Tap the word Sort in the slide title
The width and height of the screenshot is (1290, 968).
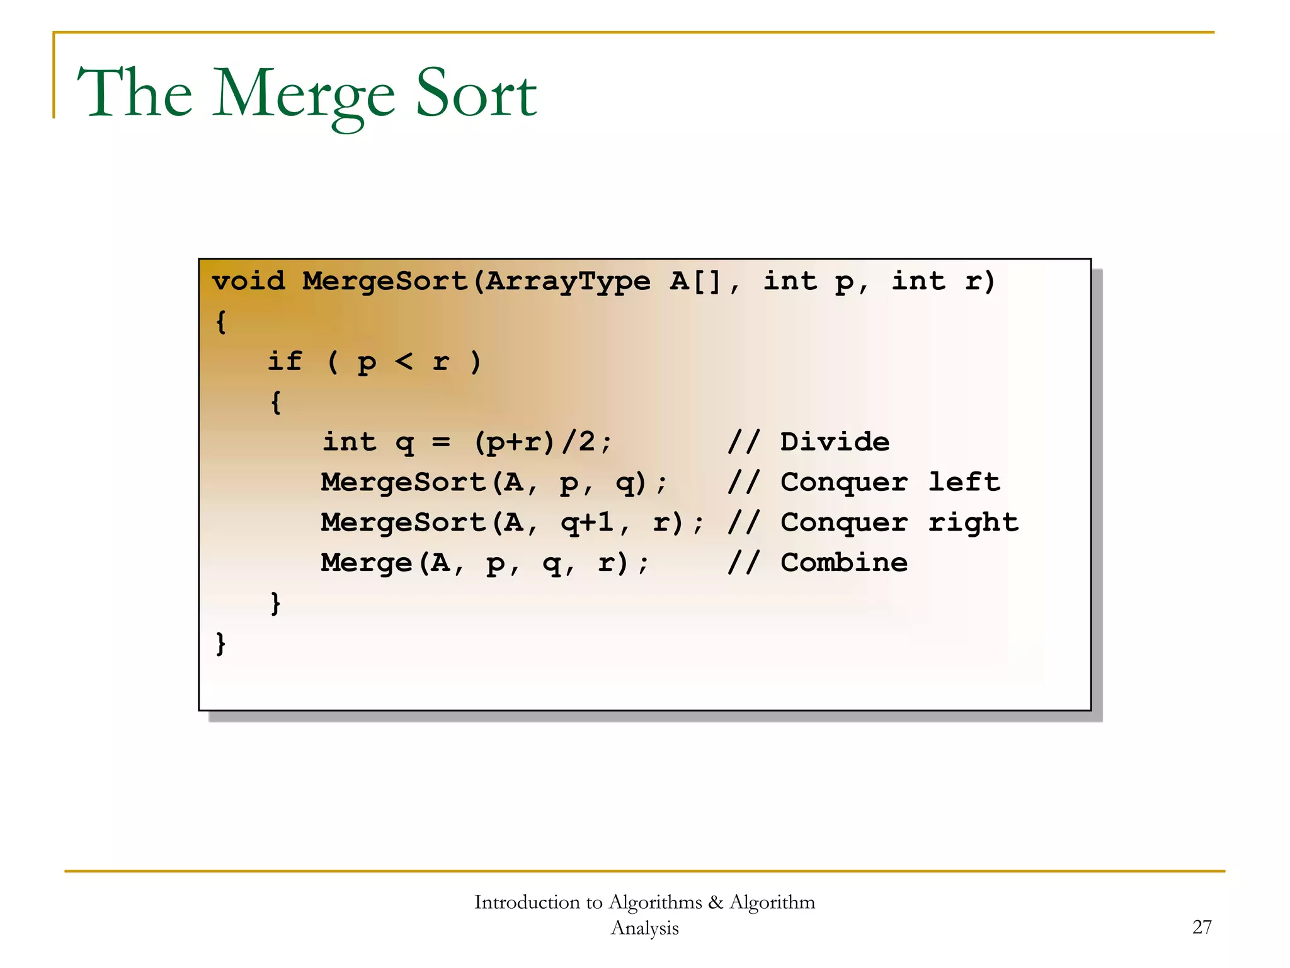[x=476, y=95]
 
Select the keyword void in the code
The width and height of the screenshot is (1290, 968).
[x=248, y=281]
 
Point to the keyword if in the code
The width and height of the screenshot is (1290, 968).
[x=285, y=362]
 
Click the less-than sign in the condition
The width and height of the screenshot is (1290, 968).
[x=404, y=362]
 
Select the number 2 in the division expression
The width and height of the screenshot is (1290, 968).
[x=586, y=442]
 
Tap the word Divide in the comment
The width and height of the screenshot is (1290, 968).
[x=835, y=442]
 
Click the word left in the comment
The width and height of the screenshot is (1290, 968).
[x=964, y=482]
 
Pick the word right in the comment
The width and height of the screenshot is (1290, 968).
[x=973, y=523]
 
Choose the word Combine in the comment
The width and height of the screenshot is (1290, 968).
[x=844, y=563]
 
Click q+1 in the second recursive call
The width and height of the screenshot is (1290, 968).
[x=587, y=523]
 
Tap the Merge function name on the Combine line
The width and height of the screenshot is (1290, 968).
[x=366, y=563]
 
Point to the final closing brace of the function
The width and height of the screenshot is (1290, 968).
[x=220, y=643]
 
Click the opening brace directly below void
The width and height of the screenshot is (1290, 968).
[x=220, y=321]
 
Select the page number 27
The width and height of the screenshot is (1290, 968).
[x=1202, y=927]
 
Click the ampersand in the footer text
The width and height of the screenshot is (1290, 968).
[x=716, y=902]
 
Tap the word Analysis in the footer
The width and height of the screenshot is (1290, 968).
[x=644, y=928]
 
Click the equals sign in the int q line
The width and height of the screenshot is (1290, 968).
[x=441, y=442]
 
